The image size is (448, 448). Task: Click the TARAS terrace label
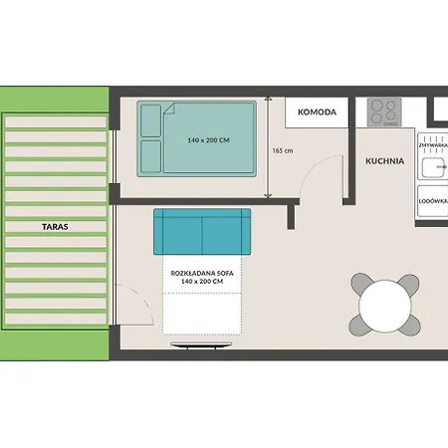[x=56, y=226]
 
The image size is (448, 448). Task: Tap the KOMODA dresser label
[x=317, y=112]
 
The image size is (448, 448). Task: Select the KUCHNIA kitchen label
[x=383, y=159]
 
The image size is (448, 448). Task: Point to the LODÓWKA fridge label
[x=434, y=200]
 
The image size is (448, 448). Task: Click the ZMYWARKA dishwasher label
[x=434, y=145]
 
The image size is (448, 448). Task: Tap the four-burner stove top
[x=384, y=111]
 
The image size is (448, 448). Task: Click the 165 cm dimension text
[x=282, y=150]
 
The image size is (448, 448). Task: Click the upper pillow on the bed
[x=151, y=121]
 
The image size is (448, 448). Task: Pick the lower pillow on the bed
[x=151, y=156]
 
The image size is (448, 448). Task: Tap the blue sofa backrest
[x=199, y=232]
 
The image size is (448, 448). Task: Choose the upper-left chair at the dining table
[x=361, y=284]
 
